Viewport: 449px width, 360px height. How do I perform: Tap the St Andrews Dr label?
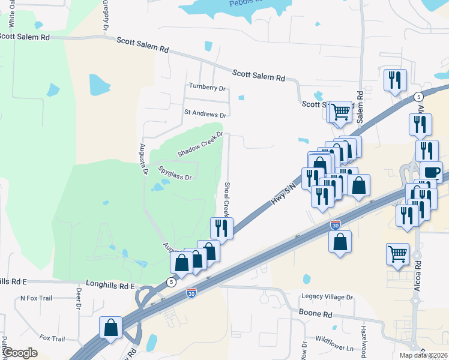pyautogui.click(x=205, y=113)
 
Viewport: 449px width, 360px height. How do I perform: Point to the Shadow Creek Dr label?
pyautogui.click(x=200, y=145)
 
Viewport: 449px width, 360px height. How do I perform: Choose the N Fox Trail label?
pyautogui.click(x=37, y=298)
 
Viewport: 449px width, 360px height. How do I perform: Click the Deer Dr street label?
pyautogui.click(x=78, y=298)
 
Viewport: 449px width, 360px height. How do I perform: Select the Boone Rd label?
pyautogui.click(x=315, y=314)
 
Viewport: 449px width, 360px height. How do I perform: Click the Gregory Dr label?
pyautogui.click(x=106, y=15)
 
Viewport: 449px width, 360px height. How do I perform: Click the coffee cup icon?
pyautogui.click(x=431, y=172)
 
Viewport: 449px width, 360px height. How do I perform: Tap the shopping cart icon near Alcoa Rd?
pyautogui.click(x=397, y=254)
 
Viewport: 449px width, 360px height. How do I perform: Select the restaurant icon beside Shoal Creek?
pyautogui.click(x=221, y=227)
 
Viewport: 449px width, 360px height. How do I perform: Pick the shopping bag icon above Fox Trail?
pyautogui.click(x=111, y=328)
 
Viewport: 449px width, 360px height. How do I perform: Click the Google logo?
pyautogui.click(x=20, y=353)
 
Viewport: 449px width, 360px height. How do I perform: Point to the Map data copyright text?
pyautogui.click(x=423, y=355)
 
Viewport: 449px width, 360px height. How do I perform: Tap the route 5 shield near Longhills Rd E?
pyautogui.click(x=172, y=282)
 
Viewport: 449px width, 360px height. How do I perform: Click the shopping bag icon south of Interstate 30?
pyautogui.click(x=340, y=242)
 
